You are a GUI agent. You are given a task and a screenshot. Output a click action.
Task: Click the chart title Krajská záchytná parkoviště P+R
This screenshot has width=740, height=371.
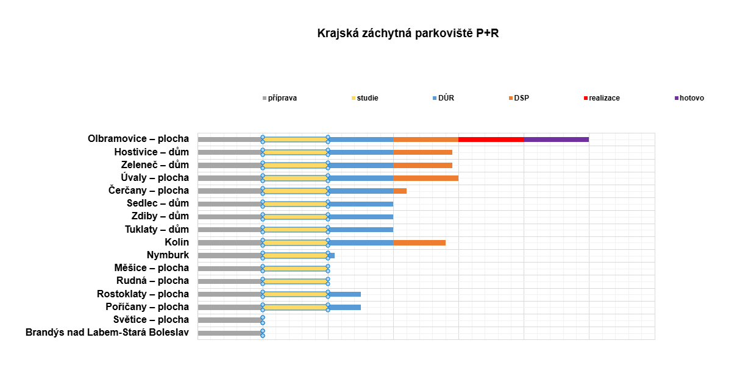coord(408,33)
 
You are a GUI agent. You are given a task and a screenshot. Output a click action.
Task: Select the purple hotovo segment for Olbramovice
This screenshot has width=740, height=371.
coord(556,140)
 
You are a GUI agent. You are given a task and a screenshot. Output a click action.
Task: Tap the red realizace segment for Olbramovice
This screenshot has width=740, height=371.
coord(491,140)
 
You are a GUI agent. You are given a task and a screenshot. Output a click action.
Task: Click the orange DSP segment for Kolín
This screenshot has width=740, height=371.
coord(419,242)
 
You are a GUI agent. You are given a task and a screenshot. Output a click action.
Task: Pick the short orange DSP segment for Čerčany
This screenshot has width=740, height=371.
coord(400,191)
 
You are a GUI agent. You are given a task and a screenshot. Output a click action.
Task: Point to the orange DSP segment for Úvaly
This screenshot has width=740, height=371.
coord(425,178)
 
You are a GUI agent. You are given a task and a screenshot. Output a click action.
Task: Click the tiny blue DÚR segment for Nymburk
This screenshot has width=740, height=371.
coord(332,255)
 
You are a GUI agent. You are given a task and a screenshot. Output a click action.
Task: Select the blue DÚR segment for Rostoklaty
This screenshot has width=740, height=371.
coord(344,294)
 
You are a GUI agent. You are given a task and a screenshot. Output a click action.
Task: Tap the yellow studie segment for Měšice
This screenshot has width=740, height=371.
coord(295,268)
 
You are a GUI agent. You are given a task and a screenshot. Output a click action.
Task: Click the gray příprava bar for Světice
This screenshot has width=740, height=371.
coord(230,320)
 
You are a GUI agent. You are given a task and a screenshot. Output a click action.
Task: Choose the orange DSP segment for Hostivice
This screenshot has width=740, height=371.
coord(422,152)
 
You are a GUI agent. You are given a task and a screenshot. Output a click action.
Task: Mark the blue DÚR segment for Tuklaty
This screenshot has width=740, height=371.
coord(361,230)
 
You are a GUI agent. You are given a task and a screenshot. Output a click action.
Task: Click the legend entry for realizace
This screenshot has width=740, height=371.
coord(603,98)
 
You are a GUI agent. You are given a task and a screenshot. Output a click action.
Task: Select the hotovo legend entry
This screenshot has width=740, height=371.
coord(691,98)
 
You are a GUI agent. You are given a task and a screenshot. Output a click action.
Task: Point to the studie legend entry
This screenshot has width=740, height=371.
coord(367,98)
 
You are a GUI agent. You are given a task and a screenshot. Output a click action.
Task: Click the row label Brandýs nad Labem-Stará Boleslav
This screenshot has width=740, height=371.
coord(107,333)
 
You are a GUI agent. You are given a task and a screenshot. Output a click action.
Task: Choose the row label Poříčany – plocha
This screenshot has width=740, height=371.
coord(147,307)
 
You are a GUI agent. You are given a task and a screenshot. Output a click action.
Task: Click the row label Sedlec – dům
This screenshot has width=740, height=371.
coord(158,203)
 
